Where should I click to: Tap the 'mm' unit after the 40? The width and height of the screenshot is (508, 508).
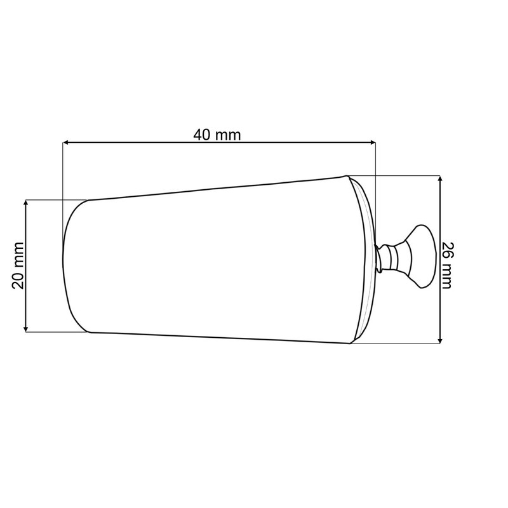tap(228, 135)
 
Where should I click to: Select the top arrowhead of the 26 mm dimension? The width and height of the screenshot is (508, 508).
tap(439, 180)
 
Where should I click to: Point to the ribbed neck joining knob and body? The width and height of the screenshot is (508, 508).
tap(389, 257)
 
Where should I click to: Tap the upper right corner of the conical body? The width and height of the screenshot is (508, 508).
tap(347, 177)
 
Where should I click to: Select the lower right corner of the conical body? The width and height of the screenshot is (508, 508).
tap(351, 343)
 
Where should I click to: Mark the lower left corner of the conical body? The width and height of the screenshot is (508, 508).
tap(90, 331)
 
